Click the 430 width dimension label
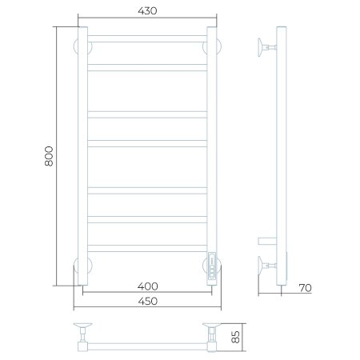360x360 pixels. click(147, 11)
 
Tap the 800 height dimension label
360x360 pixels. click(49, 156)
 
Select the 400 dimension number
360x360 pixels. click(148, 286)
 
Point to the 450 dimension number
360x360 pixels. click(148, 302)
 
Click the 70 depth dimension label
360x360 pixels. click(305, 288)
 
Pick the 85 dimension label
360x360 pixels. click(236, 337)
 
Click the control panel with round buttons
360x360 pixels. click(212, 266)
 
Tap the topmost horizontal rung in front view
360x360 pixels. click(147, 38)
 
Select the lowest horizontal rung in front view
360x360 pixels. click(147, 248)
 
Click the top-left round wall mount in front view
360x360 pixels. click(75, 47)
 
